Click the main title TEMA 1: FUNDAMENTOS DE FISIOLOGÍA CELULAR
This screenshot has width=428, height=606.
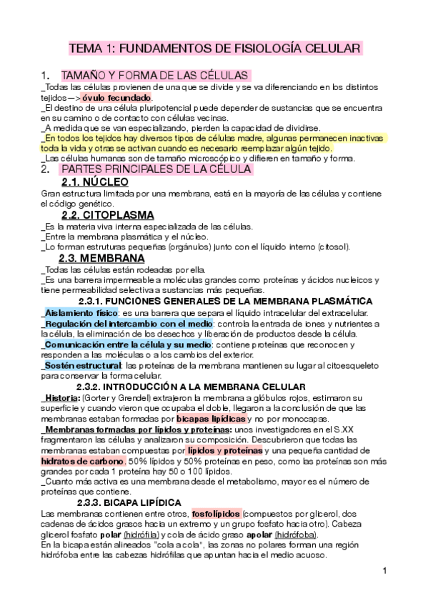point(214,49)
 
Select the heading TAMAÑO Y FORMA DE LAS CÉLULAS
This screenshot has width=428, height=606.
point(155,75)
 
